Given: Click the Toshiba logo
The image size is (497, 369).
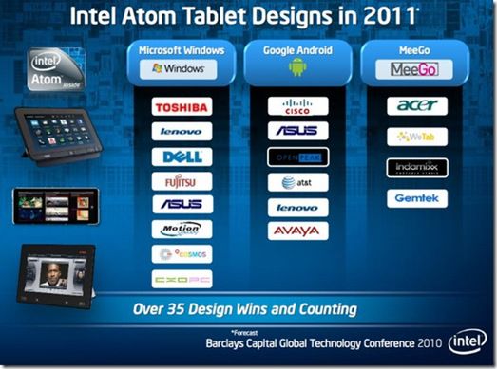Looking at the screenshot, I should pyautogui.click(x=182, y=107).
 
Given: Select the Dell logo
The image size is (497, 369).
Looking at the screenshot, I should pyautogui.click(x=182, y=157).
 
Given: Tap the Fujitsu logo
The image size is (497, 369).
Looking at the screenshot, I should pyautogui.click(x=182, y=180).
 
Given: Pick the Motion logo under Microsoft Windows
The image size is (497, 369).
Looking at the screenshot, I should pyautogui.click(x=182, y=229).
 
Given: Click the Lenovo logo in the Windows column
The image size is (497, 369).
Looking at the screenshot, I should pyautogui.click(x=182, y=132).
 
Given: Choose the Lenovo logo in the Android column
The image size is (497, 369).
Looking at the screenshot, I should pyautogui.click(x=297, y=206).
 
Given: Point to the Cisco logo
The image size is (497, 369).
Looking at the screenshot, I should pyautogui.click(x=297, y=106).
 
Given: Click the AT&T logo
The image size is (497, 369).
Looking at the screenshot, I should pyautogui.click(x=297, y=181).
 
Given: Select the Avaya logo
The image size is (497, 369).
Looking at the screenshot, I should pyautogui.click(x=297, y=231).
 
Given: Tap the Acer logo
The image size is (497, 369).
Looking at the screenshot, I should pyautogui.click(x=416, y=107).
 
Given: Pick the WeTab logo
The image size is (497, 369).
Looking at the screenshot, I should pyautogui.click(x=416, y=138).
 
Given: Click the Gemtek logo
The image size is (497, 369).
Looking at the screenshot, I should pyautogui.click(x=416, y=198).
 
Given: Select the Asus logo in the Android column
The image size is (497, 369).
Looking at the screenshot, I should pyautogui.click(x=297, y=131).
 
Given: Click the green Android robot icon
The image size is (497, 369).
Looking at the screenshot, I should pyautogui.click(x=297, y=69).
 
